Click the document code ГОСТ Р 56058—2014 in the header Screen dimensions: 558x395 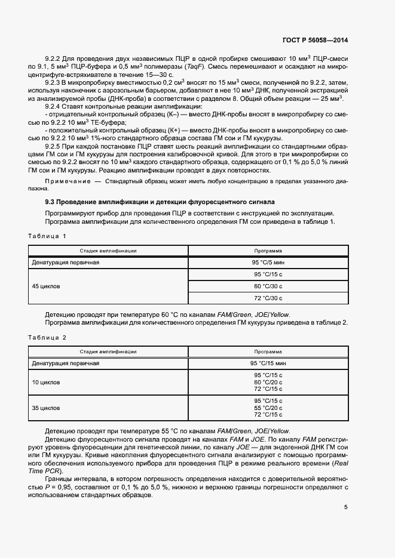(314, 41)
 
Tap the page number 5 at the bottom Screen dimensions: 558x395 (345, 507)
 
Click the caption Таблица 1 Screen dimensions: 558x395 (47, 236)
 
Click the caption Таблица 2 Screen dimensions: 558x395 (47, 337)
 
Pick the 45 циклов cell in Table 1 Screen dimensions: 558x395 (45, 286)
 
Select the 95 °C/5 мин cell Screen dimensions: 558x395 (268, 263)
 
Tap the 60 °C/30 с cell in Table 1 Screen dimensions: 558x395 (268, 286)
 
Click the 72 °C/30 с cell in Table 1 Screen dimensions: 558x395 (268, 298)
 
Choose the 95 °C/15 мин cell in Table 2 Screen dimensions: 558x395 (268, 363)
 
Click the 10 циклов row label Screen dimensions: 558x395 (45, 382)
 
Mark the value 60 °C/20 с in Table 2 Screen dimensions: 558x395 (268, 382)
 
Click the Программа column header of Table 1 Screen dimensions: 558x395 (268, 251)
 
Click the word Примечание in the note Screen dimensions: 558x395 (65, 180)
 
